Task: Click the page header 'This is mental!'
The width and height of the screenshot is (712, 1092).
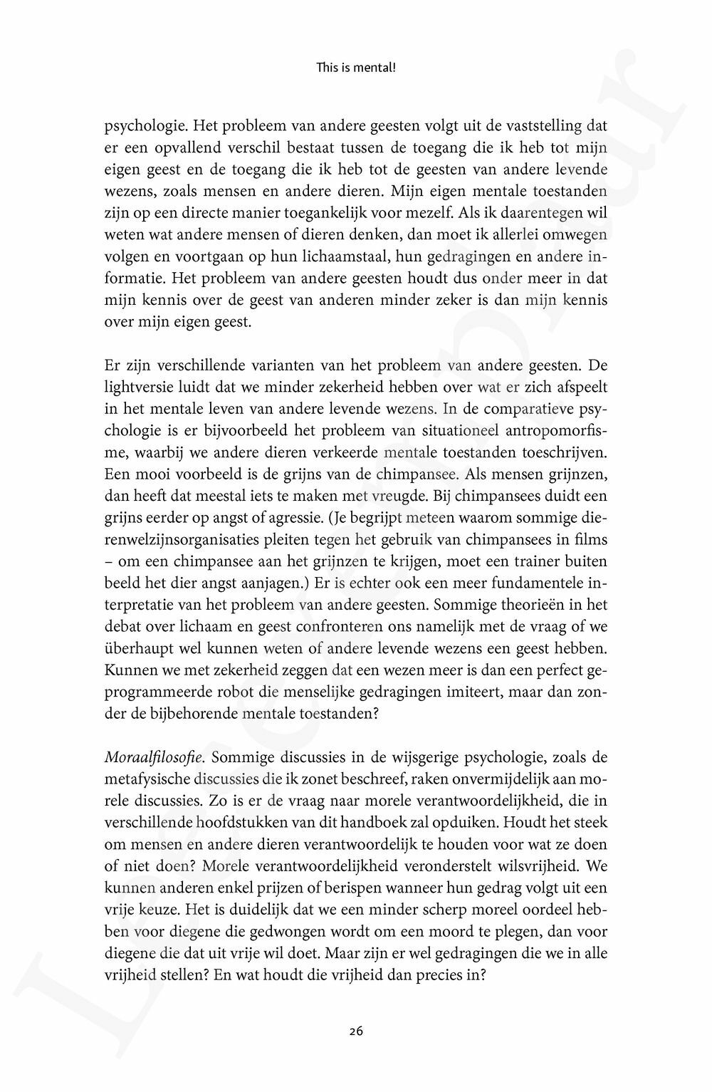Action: click(x=355, y=69)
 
